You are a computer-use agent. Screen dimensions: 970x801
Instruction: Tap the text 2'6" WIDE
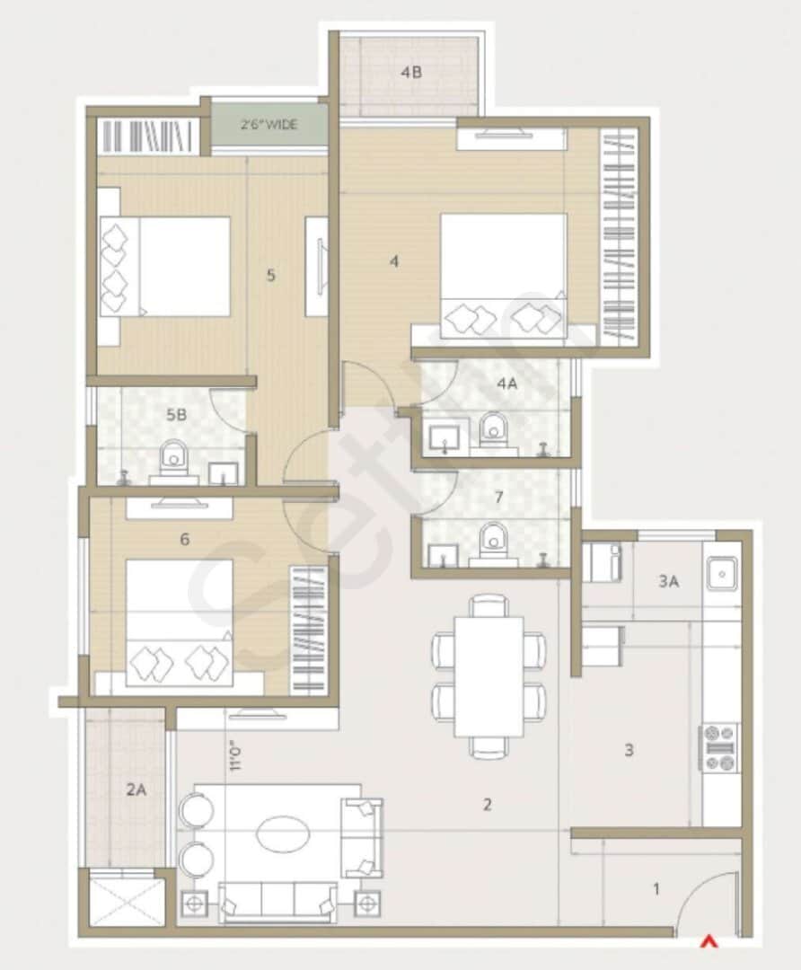tap(269, 125)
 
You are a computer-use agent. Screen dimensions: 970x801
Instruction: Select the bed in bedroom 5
tap(165, 266)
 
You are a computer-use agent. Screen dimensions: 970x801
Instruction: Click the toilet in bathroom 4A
tap(492, 429)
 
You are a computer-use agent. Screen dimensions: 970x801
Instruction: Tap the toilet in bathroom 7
tap(492, 542)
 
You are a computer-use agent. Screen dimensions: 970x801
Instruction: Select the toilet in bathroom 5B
tap(173, 459)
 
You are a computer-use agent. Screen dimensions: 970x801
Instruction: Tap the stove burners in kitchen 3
tap(719, 748)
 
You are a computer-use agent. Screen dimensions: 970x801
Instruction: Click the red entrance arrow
tap(709, 941)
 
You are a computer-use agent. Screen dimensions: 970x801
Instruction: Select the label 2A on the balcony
tap(136, 791)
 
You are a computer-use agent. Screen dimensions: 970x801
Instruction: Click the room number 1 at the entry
tap(656, 889)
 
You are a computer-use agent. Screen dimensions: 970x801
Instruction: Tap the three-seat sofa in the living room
tap(278, 901)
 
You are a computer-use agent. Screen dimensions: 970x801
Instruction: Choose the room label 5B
tap(176, 415)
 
